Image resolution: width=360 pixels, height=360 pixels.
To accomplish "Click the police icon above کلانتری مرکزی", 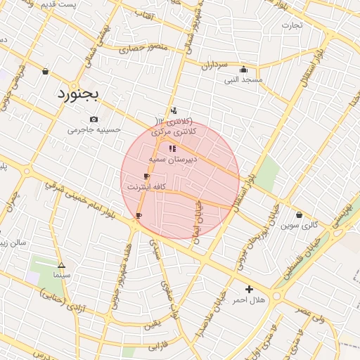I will click(x=174, y=110).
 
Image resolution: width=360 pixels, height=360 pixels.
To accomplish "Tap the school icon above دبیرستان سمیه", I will click(x=172, y=148).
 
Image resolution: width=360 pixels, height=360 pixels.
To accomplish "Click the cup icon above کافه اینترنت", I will click(x=146, y=176).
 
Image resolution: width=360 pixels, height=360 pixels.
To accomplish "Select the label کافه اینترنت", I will click(x=146, y=187).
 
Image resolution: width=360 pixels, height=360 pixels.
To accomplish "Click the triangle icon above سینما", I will click(x=61, y=266).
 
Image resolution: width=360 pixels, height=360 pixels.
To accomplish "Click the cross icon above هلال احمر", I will click(x=249, y=289).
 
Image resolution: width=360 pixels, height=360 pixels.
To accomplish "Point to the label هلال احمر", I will click(x=249, y=300).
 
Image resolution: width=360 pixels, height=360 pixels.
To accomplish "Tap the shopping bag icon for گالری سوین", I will click(x=300, y=215).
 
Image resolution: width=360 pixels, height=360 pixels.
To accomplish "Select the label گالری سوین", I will click(x=300, y=226).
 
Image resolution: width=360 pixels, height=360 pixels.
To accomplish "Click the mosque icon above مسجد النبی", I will click(x=243, y=69).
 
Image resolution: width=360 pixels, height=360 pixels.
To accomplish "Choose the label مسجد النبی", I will click(x=243, y=79).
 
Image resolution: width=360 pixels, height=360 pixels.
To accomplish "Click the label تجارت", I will click(x=292, y=26).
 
